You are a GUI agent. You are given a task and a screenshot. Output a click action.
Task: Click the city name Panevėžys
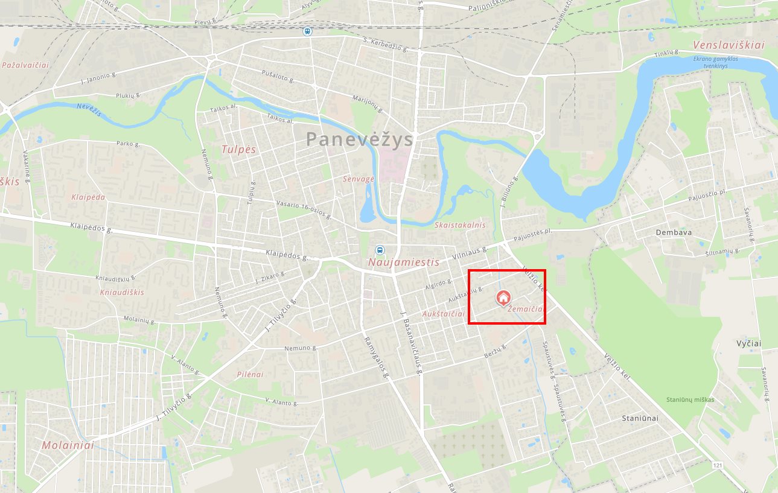pos(359,139)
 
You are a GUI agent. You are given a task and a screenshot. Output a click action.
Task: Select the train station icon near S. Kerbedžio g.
pos(308,31)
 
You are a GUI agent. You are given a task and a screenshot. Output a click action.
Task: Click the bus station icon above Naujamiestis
pos(380,250)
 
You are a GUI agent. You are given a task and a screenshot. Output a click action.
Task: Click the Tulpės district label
pos(238,150)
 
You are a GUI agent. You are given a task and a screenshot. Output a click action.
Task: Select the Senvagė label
pos(359,179)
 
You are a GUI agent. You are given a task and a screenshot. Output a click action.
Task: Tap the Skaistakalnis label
pos(460,225)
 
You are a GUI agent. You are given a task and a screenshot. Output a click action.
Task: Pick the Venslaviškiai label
pos(729,45)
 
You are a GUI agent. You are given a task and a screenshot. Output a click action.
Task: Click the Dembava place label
pos(674,232)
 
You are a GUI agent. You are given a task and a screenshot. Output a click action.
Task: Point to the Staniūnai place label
pos(640,418)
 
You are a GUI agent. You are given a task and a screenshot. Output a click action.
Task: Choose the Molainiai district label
pos(68,445)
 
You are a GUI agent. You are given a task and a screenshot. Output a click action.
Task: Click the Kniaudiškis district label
pos(123,292)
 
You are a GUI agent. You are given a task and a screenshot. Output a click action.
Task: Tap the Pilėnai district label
pos(250,374)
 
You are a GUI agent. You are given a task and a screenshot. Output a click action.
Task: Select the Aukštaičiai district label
pos(444,314)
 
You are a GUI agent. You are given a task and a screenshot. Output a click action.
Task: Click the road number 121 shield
pos(717,466)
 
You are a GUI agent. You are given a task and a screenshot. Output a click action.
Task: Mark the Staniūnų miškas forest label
pos(690,399)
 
